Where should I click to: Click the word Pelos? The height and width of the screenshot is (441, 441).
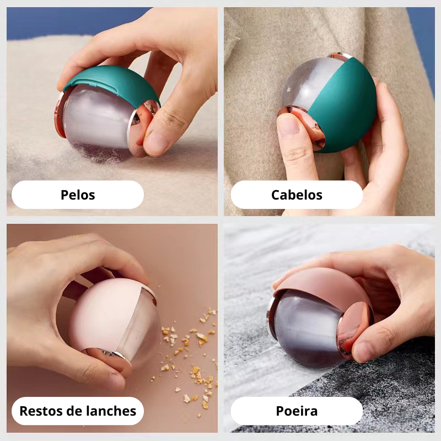coord(78,195)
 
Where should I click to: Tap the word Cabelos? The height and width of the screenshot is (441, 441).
coord(297,195)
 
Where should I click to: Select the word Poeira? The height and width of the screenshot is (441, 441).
coord(297,411)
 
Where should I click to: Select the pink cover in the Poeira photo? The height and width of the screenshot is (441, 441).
coord(321,284)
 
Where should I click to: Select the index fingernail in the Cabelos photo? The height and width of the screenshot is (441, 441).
coord(288,123)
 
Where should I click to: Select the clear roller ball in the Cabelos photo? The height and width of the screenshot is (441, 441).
coord(301,84)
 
